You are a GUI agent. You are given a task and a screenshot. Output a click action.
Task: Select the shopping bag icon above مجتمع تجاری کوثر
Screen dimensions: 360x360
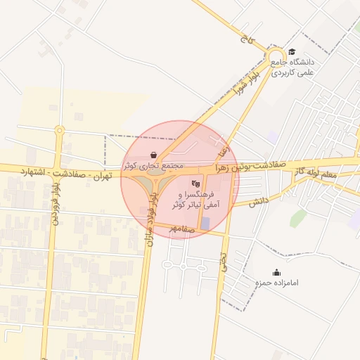click(154, 155)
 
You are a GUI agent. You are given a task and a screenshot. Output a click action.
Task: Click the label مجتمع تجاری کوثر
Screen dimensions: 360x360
click(153, 166)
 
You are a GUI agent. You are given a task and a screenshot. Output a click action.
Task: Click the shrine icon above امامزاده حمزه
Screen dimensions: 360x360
click(276, 272)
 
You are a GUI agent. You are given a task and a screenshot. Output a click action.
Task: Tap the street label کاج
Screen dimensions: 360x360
click(245, 41)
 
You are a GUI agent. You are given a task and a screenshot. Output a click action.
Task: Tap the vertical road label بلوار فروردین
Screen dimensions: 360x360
click(54, 203)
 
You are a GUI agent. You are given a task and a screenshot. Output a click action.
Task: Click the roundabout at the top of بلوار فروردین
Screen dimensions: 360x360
click(60, 130)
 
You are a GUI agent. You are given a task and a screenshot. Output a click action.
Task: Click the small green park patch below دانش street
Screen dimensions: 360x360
click(299, 218)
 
